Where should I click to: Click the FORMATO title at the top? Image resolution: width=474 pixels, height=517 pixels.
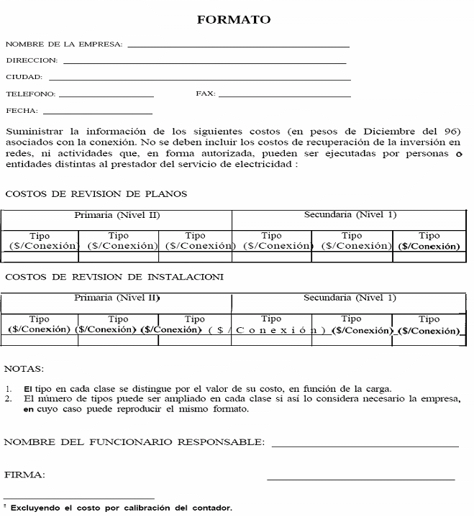[x=234, y=20]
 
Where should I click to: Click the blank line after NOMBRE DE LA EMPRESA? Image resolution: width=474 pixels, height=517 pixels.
[x=237, y=46]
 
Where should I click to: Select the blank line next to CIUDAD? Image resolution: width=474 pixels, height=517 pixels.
[x=199, y=79]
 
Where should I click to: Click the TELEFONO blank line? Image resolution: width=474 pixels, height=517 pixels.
[x=106, y=96]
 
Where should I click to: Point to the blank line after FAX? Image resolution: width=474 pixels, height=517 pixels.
[x=284, y=96]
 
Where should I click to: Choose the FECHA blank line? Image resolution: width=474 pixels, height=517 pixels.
[x=97, y=113]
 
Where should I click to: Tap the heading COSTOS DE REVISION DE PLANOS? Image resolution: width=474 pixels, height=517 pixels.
[x=96, y=194]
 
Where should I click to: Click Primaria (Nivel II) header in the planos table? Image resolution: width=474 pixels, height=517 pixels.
[x=117, y=215]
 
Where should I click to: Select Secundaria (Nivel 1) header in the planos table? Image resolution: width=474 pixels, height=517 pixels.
[x=350, y=215]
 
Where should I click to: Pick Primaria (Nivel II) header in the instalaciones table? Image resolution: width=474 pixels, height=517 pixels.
[x=117, y=298]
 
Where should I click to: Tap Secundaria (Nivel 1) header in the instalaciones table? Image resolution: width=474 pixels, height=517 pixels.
[x=350, y=298]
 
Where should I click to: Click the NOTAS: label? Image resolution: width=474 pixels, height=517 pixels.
[x=24, y=368]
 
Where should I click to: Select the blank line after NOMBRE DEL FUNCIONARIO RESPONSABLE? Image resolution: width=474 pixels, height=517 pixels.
[x=365, y=446]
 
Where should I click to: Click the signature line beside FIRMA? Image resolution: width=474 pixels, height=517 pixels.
[x=360, y=478]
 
